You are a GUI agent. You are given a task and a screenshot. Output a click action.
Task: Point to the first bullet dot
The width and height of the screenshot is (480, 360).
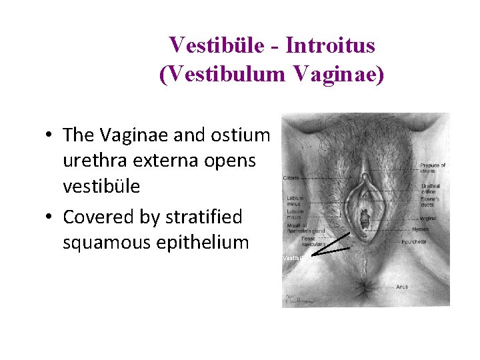tap(49, 136)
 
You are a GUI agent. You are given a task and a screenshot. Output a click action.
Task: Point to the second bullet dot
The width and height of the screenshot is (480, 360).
tap(49, 217)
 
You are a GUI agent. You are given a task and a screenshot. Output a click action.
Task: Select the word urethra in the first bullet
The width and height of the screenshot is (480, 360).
tap(93, 161)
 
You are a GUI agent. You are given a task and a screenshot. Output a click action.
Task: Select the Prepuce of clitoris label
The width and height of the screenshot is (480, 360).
tap(433, 169)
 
